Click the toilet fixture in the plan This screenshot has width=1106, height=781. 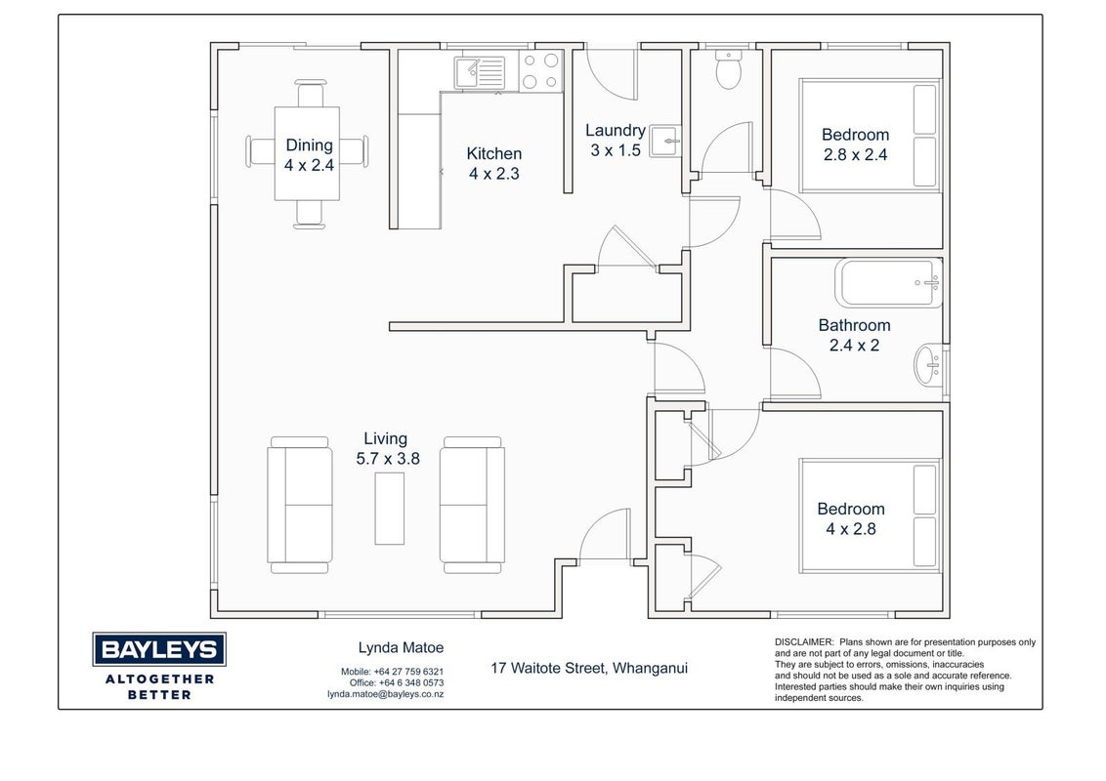[728, 68]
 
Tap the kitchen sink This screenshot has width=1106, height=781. [480, 72]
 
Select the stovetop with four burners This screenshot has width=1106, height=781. [541, 71]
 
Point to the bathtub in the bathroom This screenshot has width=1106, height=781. [889, 283]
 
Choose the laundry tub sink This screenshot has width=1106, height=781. [664, 141]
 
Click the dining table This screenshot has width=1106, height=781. [307, 153]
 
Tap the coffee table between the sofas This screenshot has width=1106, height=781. [390, 509]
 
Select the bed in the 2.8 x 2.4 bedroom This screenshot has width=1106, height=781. [872, 136]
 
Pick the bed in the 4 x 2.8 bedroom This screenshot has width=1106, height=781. [872, 516]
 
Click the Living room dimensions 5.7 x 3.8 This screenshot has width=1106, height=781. [388, 459]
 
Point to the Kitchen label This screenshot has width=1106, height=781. [493, 153]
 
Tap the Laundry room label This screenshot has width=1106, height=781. [616, 131]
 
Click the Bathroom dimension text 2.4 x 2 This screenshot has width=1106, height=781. [854, 346]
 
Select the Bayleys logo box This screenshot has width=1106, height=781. [159, 649]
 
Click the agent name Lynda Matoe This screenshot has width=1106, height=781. [401, 648]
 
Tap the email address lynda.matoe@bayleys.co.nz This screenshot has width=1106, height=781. [385, 694]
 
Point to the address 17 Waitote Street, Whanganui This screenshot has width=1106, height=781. [589, 668]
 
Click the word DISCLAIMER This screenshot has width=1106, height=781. [804, 642]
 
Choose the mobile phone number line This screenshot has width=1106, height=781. [392, 672]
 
